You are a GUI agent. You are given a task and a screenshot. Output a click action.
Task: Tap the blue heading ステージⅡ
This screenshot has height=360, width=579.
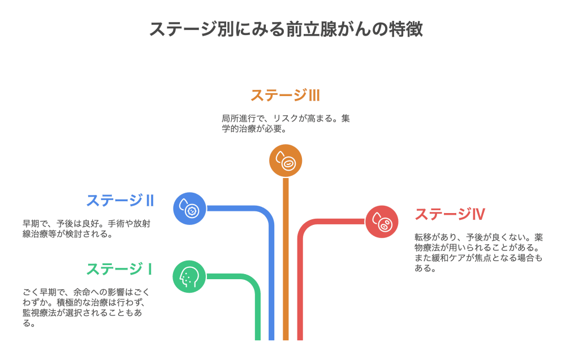click(120, 200)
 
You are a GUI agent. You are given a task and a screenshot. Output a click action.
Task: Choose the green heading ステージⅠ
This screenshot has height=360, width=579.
click(119, 268)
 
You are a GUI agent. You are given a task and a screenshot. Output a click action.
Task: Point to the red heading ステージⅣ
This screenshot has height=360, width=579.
click(450, 214)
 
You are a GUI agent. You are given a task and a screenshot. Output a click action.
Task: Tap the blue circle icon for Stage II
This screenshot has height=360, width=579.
click(189, 209)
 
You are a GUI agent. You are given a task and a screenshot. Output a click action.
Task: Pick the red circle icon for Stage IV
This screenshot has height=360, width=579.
click(382, 222)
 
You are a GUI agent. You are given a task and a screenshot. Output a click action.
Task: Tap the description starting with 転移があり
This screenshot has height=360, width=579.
click(478, 253)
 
